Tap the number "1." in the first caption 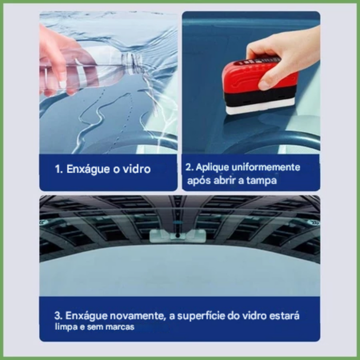(x=59, y=170)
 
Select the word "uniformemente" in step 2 (x=265, y=167)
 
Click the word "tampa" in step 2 (x=261, y=181)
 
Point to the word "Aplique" (x=212, y=167)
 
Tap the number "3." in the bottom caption (x=58, y=316)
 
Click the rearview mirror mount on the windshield (x=177, y=235)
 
